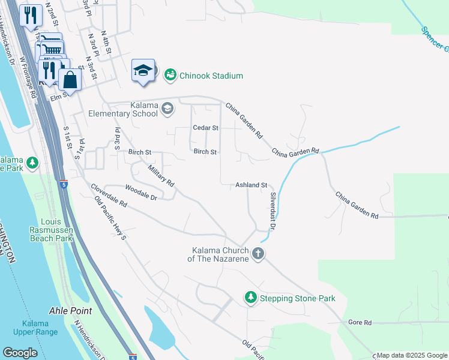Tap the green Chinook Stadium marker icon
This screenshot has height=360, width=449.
pyautogui.click(x=170, y=75)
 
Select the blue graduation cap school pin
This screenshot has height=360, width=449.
pyautogui.click(x=143, y=71)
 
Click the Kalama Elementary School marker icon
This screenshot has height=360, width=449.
pyautogui.click(x=167, y=109)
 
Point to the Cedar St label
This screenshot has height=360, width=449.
pyautogui.click(x=205, y=128)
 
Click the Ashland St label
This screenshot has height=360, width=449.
pyautogui.click(x=250, y=185)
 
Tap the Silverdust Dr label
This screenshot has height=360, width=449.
pyautogui.click(x=272, y=211)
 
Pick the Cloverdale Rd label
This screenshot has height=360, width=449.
pyautogui.click(x=109, y=196)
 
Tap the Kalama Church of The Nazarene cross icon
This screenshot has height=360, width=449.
pyautogui.click(x=259, y=253)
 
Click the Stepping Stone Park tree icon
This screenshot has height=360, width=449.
pyautogui.click(x=250, y=298)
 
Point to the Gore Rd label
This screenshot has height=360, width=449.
pyautogui.click(x=360, y=322)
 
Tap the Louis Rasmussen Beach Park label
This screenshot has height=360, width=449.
pyautogui.click(x=51, y=230)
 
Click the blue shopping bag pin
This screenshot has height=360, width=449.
pyautogui.click(x=70, y=80)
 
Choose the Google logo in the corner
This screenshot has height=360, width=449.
pyautogui.click(x=20, y=353)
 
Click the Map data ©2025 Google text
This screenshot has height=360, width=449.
pyautogui.click(x=412, y=355)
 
